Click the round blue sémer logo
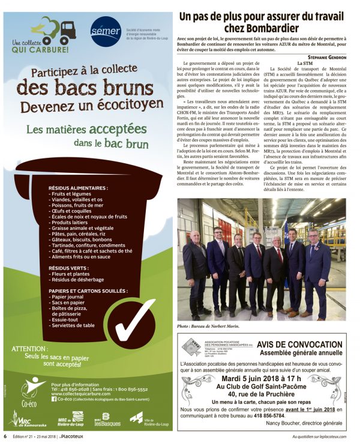tap(106, 31)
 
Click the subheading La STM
tap(305, 62)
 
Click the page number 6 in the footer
tap(5, 436)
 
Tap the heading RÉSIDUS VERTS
tap(71, 267)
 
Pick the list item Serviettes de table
tap(73, 325)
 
